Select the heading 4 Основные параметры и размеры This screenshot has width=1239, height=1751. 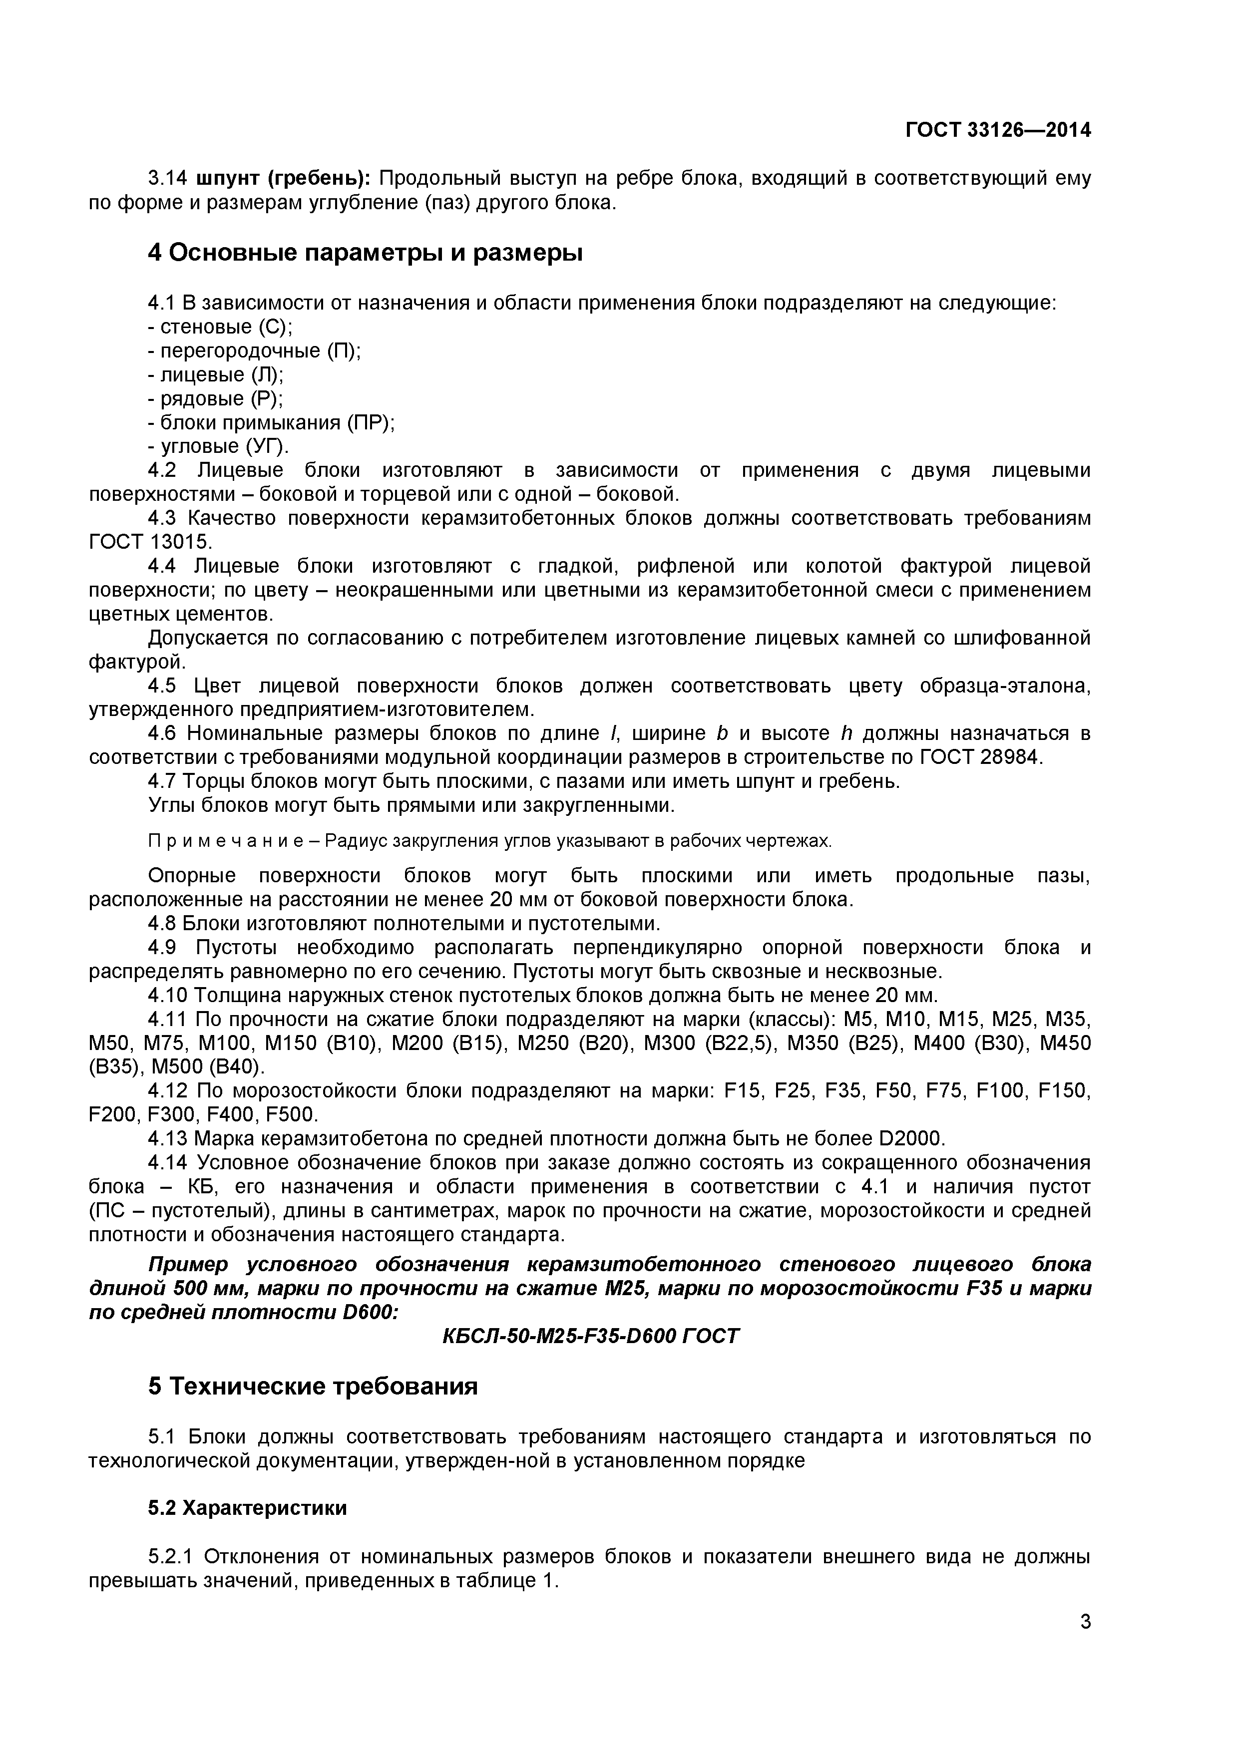[x=365, y=253]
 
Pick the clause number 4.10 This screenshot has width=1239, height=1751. [x=167, y=995]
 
